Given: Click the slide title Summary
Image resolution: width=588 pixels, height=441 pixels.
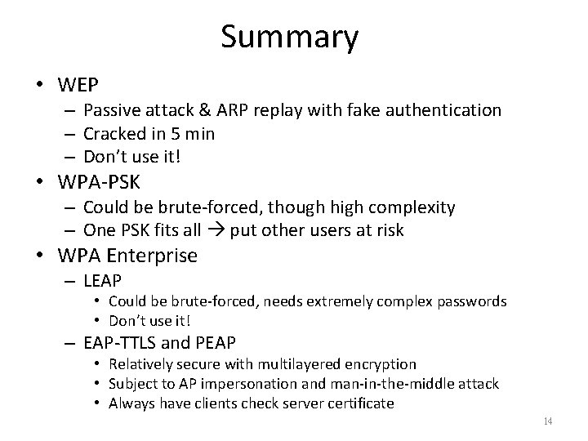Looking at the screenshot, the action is (289, 38).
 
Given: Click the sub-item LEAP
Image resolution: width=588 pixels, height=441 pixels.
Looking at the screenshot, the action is (102, 282).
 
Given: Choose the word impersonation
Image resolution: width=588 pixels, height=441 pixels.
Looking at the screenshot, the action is (233, 384).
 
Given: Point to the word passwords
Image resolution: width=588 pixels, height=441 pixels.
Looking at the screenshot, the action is (469, 302).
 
